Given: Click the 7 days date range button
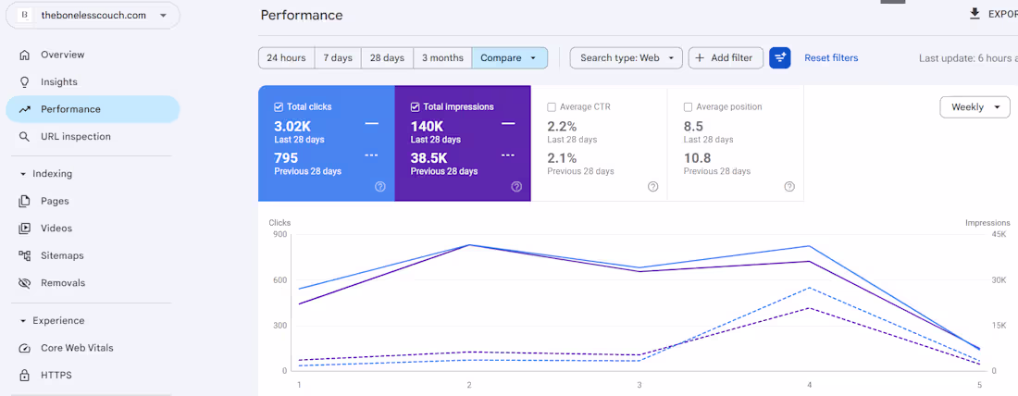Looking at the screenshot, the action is [338, 57].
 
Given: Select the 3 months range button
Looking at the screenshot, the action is [442, 57].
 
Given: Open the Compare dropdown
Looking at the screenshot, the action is [510, 57].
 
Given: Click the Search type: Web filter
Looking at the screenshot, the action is [626, 57].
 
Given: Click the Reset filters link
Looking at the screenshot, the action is [831, 57].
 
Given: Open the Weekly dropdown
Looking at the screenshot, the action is [975, 107].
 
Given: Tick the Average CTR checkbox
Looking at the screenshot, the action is [552, 107].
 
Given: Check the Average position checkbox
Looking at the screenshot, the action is [688, 107].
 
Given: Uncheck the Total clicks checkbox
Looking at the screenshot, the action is [279, 107].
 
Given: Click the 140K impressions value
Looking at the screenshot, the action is [427, 126].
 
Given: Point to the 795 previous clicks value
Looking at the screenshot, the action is [286, 158].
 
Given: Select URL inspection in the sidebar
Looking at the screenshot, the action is [75, 136].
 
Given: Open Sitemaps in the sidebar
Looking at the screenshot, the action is [62, 255].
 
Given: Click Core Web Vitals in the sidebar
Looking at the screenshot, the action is [77, 348].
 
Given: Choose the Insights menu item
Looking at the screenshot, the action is [58, 81].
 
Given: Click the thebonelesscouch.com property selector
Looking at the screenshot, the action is [93, 16].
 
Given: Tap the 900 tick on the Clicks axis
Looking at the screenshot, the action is [279, 234].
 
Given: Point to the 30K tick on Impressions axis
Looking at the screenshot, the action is [998, 279].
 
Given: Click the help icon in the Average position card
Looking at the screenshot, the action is [788, 187].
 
